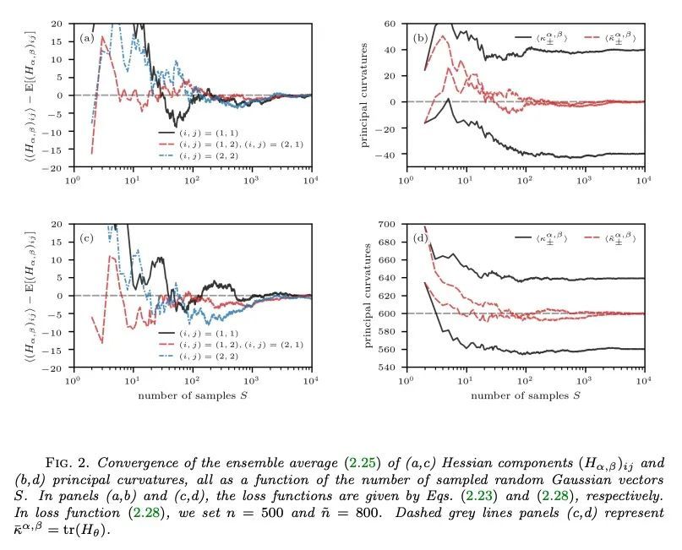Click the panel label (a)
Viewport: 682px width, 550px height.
click(x=86, y=39)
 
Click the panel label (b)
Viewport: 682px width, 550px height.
click(x=420, y=38)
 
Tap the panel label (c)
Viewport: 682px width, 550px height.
click(x=86, y=239)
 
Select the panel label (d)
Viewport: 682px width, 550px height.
click(x=420, y=239)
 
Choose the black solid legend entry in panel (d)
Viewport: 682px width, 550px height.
click(x=541, y=239)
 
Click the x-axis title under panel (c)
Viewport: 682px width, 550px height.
click(x=193, y=395)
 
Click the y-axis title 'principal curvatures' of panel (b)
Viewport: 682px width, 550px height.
click(x=366, y=95)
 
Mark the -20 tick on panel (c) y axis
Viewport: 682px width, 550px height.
click(x=56, y=368)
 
